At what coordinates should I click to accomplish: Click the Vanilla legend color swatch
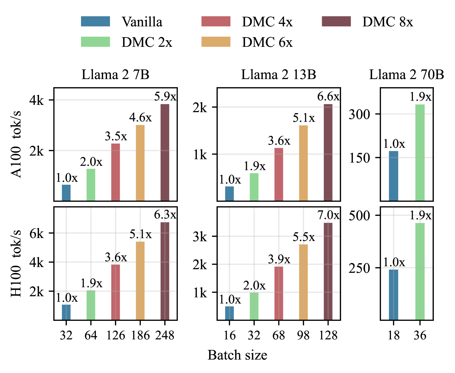pyautogui.click(x=95, y=22)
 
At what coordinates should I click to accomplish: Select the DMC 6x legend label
pyautogui.click(x=267, y=42)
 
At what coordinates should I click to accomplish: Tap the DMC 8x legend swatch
pyautogui.click(x=336, y=22)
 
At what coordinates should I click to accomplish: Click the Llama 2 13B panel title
pyautogui.click(x=279, y=74)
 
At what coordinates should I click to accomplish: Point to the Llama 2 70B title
pyautogui.click(x=406, y=74)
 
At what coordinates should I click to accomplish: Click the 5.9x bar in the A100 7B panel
pyautogui.click(x=165, y=152)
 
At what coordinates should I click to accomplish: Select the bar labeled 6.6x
pyautogui.click(x=328, y=152)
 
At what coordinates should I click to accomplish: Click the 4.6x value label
pyautogui.click(x=140, y=118)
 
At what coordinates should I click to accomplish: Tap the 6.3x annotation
pyautogui.click(x=165, y=215)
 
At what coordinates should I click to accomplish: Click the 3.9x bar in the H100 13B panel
pyautogui.click(x=279, y=293)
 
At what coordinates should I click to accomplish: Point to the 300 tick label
pyautogui.click(x=360, y=115)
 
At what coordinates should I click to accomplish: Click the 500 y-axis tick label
pyautogui.click(x=360, y=216)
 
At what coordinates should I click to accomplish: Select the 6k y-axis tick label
pyautogui.click(x=37, y=233)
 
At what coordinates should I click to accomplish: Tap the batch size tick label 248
pyautogui.click(x=165, y=335)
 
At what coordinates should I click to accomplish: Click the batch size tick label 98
pyautogui.click(x=303, y=335)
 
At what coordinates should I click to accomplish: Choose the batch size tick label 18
pyautogui.click(x=393, y=335)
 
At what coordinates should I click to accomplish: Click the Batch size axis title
pyautogui.click(x=237, y=355)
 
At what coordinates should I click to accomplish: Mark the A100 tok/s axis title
pyautogui.click(x=16, y=144)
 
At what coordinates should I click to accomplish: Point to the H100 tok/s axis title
pyautogui.click(x=16, y=264)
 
